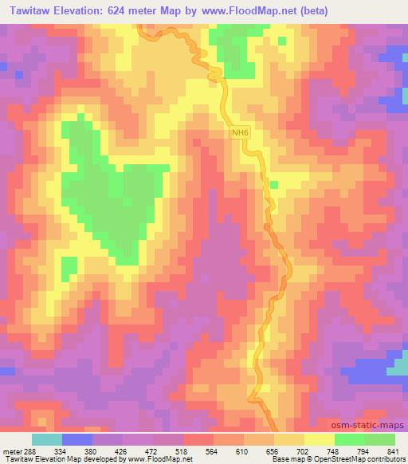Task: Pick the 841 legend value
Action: pos(394,450)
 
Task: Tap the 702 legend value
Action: pos(304,450)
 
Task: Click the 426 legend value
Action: pos(122,450)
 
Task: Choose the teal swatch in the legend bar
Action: pos(47,439)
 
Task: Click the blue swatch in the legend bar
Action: pos(77,439)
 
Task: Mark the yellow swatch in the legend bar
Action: pos(319,439)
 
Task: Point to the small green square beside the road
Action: pos(273,185)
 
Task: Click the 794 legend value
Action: pos(364,450)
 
